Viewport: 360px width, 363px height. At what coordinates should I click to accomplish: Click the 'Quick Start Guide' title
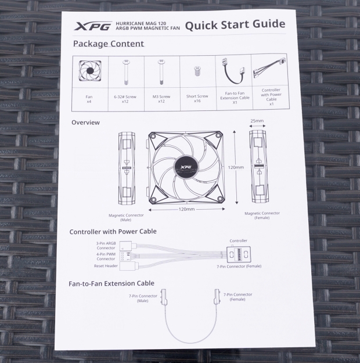pos(235,24)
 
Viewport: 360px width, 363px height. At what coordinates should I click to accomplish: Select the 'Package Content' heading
pos(109,44)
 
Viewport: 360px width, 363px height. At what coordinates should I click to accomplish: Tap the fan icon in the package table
pos(90,71)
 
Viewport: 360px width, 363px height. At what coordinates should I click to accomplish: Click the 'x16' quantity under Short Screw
pos(197,100)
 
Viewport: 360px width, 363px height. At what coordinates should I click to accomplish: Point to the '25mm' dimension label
pos(257,121)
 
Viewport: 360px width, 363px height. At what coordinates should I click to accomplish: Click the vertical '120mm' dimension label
pos(236,167)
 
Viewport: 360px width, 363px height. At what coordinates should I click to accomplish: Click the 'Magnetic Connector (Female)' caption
pos(262,215)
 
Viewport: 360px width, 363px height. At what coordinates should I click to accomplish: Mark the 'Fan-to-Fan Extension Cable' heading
pos(111,283)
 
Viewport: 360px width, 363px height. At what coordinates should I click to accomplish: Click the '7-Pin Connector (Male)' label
pos(142,297)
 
